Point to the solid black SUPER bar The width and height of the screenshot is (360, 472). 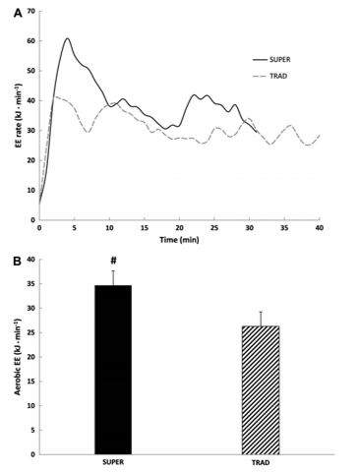tap(113, 369)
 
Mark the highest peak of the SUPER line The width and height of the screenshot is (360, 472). tap(67, 39)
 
